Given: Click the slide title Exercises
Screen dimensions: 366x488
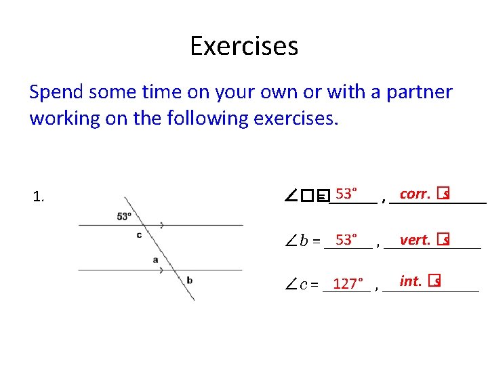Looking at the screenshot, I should click(244, 46).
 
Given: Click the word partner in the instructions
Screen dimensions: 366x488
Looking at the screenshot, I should click(419, 92).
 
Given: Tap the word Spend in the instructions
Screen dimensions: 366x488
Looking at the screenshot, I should click(57, 92).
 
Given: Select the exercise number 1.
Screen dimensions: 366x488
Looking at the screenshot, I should click(39, 198).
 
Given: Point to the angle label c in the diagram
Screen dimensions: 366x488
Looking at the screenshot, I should click(139, 235).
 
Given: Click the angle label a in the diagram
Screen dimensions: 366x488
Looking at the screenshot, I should click(156, 260).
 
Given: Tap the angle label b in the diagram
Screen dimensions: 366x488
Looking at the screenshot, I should click(189, 280).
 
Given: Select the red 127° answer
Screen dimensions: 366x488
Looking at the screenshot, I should click(348, 284).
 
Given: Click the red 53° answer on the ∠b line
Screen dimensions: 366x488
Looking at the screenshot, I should click(348, 240).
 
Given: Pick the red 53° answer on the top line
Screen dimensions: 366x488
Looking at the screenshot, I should click(347, 195).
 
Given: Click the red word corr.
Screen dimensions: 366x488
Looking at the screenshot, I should click(414, 195).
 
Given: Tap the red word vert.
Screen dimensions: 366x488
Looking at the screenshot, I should click(415, 240).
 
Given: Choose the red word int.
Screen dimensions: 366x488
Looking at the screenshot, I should click(411, 281).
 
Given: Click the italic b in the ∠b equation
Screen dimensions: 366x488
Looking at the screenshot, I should click(304, 241).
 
